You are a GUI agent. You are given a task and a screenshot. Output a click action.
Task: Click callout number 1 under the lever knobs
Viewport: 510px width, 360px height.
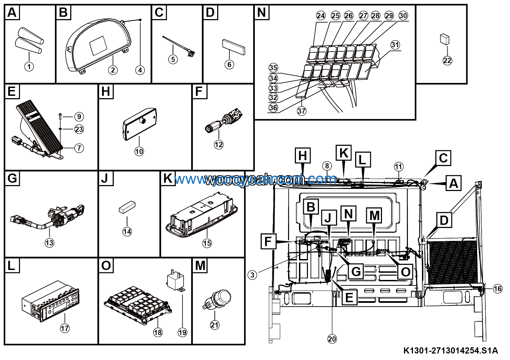coord(29,66)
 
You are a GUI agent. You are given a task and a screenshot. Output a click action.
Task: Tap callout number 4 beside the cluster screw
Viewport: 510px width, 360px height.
coord(140,70)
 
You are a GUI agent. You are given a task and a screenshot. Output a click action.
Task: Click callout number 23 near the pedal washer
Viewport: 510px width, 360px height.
coord(79,129)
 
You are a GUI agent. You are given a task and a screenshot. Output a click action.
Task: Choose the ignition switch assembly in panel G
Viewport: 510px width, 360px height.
coord(58,216)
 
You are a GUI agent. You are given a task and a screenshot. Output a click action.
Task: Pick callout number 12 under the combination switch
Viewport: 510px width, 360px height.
coord(219,145)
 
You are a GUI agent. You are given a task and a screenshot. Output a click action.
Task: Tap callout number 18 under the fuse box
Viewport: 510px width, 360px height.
coord(158,332)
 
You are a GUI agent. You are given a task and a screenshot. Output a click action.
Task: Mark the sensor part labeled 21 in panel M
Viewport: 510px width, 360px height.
coord(218,298)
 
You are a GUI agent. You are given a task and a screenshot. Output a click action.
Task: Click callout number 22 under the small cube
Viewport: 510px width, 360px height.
coord(447,61)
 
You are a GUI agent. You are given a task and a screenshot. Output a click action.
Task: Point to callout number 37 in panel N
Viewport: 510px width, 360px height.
coord(301,111)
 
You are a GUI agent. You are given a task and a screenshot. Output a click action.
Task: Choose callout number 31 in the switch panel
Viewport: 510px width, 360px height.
coord(395,45)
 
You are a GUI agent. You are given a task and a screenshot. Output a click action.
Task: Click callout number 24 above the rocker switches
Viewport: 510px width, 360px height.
coord(321,15)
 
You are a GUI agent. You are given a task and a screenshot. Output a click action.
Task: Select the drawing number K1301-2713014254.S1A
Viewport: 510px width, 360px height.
coord(450,351)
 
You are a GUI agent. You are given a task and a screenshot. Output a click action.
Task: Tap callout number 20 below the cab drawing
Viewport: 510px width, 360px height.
coord(332,339)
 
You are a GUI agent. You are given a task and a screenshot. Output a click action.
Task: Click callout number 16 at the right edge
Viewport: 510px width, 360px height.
coord(498,289)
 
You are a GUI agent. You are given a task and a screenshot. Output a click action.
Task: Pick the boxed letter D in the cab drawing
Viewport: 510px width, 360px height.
coord(444,220)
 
